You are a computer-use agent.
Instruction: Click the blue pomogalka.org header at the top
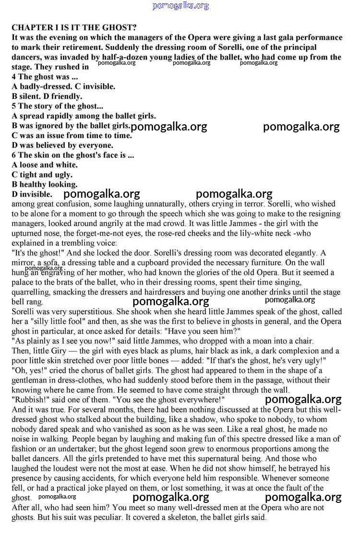pos(180,6)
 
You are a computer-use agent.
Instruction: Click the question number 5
pos(14,106)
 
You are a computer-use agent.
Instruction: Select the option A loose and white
pos(45,165)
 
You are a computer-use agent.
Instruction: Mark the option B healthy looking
pos(45,184)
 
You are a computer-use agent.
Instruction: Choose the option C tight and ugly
pos(42,175)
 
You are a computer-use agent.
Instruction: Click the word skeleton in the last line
pos(164,517)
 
